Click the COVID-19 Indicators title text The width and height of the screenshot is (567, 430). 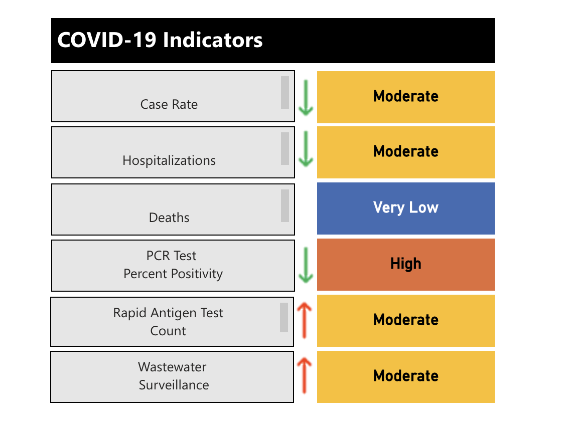(160, 40)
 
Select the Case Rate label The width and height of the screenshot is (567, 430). (169, 104)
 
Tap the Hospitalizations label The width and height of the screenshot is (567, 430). (169, 160)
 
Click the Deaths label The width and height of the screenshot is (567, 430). (169, 218)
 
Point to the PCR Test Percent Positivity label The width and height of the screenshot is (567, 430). (173, 265)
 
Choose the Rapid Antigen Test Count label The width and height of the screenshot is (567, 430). (168, 322)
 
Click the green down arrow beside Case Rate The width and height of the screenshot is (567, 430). (305, 97)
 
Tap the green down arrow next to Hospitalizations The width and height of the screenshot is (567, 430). (305, 149)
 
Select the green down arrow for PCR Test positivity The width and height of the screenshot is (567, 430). (305, 265)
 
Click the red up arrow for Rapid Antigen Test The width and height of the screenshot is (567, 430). (305, 321)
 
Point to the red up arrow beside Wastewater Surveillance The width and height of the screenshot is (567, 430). (305, 376)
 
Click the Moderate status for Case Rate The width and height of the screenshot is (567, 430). (405, 96)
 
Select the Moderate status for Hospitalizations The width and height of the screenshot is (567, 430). (405, 151)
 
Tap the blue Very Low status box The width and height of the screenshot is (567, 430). (405, 207)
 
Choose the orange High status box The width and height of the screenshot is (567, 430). (405, 264)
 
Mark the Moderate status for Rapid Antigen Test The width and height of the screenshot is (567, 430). (405, 320)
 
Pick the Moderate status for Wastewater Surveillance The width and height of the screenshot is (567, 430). (405, 376)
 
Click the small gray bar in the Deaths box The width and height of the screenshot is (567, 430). (285, 205)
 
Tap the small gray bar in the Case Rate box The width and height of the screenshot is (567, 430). (285, 92)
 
